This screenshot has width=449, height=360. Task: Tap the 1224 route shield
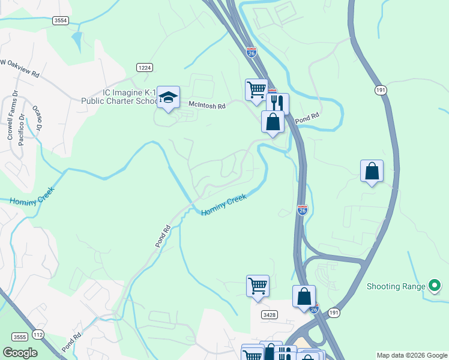click(x=143, y=68)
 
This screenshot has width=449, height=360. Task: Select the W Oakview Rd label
click(x=20, y=68)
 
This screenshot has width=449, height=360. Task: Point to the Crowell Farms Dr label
click(x=10, y=118)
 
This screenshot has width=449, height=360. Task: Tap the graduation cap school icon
click(x=169, y=97)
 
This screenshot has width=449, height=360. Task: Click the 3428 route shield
click(x=269, y=314)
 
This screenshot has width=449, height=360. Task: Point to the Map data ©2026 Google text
click(x=412, y=355)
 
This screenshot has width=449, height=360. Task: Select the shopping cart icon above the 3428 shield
click(x=258, y=285)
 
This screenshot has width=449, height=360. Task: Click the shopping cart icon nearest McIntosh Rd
click(x=256, y=89)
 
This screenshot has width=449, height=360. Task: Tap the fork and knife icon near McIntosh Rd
click(x=278, y=103)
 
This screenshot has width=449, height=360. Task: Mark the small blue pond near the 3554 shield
click(x=76, y=41)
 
